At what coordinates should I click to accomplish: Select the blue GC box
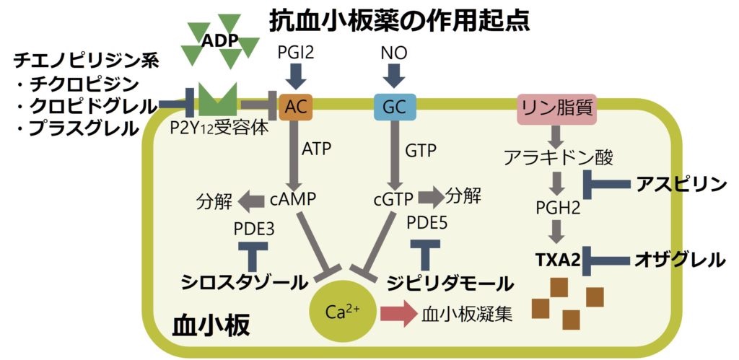click(x=394, y=107)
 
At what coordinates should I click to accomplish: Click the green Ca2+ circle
click(x=337, y=312)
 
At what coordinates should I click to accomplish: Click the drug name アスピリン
click(x=681, y=185)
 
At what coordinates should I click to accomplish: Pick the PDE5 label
click(x=427, y=223)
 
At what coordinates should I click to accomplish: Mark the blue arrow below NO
click(x=394, y=74)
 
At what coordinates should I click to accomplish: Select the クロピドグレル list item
click(x=85, y=106)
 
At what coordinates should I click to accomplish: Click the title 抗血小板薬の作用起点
click(x=400, y=19)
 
